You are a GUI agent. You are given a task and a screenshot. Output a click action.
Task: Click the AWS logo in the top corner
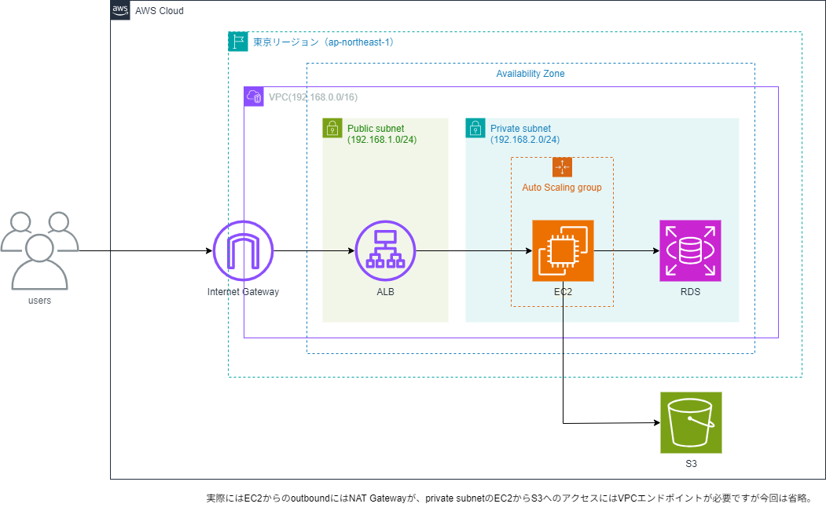click(x=120, y=10)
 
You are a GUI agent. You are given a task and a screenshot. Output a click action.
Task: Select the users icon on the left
click(x=39, y=250)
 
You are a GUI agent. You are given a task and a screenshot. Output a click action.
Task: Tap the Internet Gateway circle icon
click(x=243, y=251)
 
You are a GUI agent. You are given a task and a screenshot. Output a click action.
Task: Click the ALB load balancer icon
click(x=385, y=251)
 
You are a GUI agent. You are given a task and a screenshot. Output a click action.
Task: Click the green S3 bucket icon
click(x=691, y=423)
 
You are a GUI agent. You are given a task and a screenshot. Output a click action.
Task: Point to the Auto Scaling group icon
click(x=562, y=167)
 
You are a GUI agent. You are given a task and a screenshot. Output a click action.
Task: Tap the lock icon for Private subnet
click(x=475, y=128)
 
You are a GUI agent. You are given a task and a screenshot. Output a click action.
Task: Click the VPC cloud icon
click(x=254, y=97)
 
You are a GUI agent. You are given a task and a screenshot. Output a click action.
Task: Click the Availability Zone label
click(x=530, y=74)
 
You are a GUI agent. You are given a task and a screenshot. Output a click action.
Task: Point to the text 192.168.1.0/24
click(x=382, y=140)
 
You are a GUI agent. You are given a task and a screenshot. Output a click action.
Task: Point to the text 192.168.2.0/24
click(x=525, y=140)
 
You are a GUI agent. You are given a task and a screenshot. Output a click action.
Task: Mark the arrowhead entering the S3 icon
click(x=655, y=423)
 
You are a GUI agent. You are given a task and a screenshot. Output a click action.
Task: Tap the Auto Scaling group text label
click(x=562, y=188)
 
